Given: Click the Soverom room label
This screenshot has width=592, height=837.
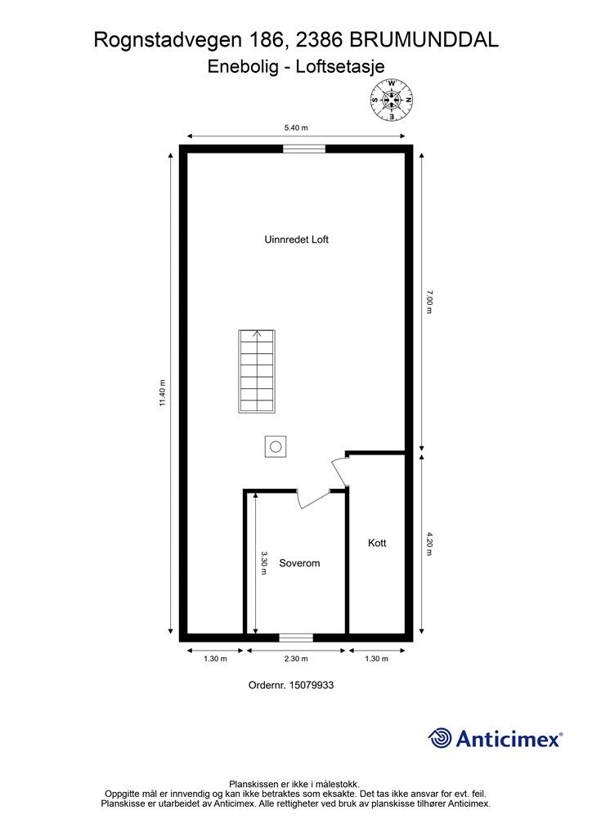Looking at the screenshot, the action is tap(299, 563).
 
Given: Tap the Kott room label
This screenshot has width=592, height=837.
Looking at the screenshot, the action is tap(377, 543).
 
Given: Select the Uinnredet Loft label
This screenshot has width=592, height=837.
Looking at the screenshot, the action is tap(296, 239).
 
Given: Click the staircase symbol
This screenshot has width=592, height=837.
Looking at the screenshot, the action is tap(257, 372).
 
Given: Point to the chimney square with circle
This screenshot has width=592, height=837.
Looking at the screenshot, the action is tap(276, 446).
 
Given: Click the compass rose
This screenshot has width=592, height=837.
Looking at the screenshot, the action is tap(392, 100).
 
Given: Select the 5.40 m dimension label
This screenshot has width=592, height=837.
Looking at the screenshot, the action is tap(296, 128).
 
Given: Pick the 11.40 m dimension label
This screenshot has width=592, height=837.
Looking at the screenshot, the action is tap(163, 393).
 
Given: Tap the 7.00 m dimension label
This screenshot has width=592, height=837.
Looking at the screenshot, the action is tap(429, 302).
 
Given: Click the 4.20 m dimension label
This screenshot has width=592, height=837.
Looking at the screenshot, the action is tap(429, 544).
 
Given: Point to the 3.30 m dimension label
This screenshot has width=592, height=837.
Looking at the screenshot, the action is tap(264, 563).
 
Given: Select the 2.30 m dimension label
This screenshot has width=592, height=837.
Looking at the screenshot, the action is tap(296, 659).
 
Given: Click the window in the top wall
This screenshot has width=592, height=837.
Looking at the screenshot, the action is tap(303, 149).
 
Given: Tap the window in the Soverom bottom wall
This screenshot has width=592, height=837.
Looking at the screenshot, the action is tap(296, 638).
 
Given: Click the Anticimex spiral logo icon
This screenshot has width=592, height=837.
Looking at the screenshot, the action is tap(440, 738).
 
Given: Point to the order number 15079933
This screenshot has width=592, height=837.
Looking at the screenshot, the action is tap(312, 685).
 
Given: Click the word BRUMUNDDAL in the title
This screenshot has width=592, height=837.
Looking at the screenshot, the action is tap(424, 40).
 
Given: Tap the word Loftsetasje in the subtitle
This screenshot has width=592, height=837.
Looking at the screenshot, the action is tap(340, 67).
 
